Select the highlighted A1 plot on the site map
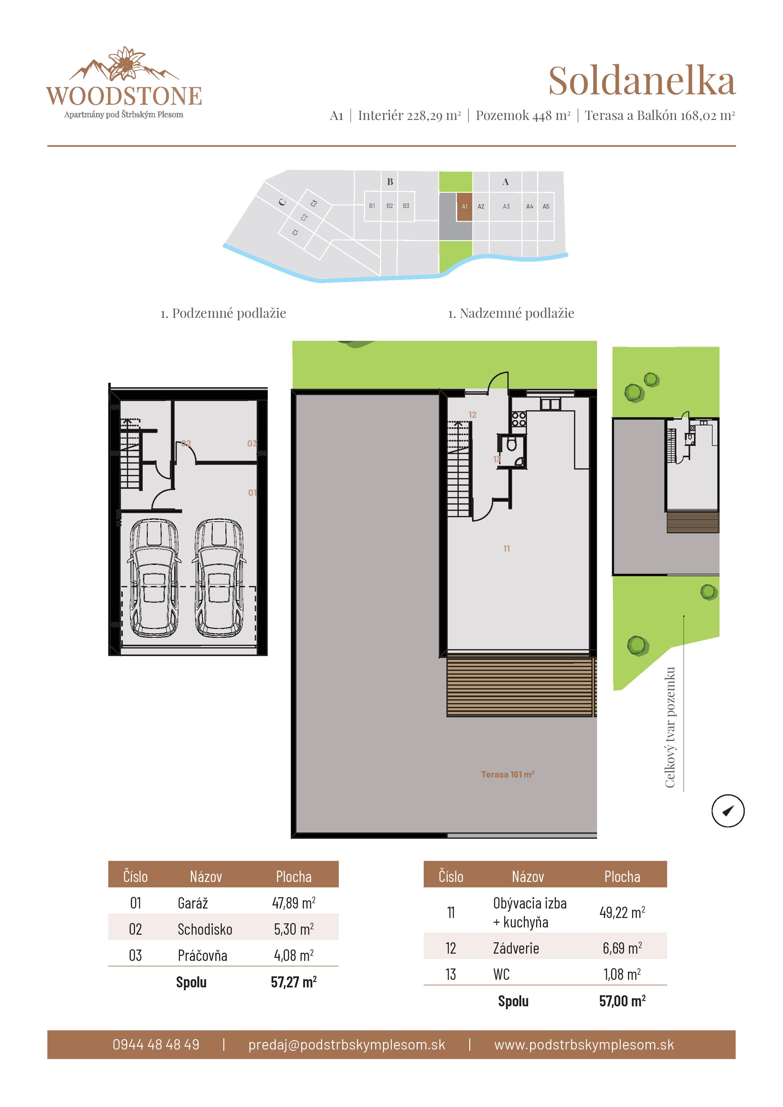(464, 206)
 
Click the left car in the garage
(154, 577)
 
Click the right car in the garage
(218, 577)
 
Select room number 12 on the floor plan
(472, 415)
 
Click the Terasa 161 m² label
(507, 774)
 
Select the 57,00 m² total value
(622, 1001)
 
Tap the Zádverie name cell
(516, 948)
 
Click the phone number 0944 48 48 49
(156, 1044)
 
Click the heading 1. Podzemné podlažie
(223, 313)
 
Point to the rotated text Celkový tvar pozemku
(670, 728)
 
